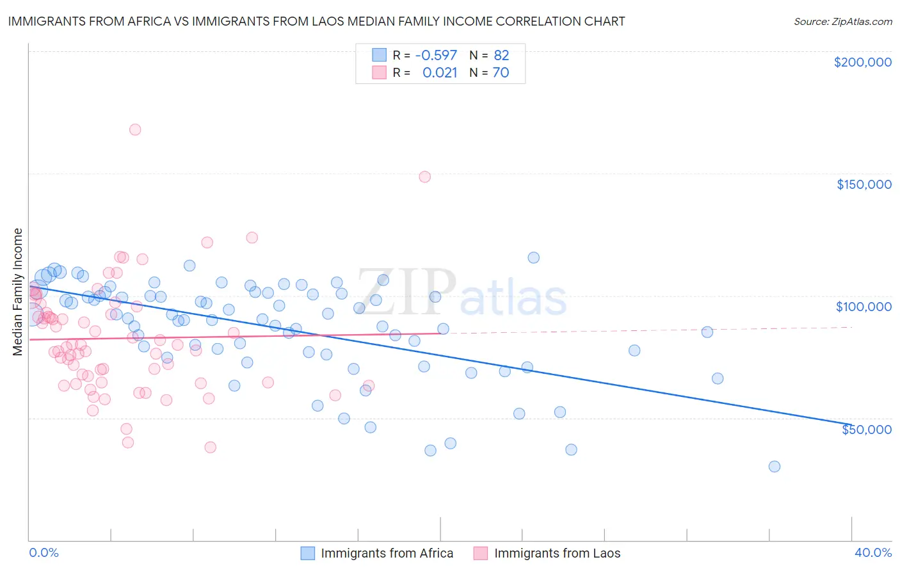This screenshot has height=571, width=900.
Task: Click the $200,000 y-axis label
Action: [862, 62]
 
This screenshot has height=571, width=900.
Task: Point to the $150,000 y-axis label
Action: [864, 184]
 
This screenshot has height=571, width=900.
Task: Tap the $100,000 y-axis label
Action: [864, 307]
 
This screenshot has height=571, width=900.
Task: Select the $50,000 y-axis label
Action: [866, 429]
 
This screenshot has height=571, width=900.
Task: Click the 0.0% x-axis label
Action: [44, 552]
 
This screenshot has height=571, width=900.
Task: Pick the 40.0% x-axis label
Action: [873, 552]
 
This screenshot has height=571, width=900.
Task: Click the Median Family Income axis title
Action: [17, 291]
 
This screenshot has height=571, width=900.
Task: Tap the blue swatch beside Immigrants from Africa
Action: [308, 553]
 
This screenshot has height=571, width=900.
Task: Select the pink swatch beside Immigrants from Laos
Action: [481, 553]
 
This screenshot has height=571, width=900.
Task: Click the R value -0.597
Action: [436, 55]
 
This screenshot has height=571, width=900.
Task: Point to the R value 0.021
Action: [440, 72]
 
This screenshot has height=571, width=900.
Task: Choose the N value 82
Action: [501, 55]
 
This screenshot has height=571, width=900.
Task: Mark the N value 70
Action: [501, 72]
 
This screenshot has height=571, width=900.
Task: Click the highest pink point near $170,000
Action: [135, 129]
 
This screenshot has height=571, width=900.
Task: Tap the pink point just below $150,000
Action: [424, 177]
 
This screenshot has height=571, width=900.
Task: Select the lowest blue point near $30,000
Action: [775, 467]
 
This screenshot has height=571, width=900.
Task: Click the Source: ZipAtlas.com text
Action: [842, 22]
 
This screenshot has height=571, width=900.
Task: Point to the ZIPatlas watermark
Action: [462, 293]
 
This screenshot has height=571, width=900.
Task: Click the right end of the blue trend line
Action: [851, 424]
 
